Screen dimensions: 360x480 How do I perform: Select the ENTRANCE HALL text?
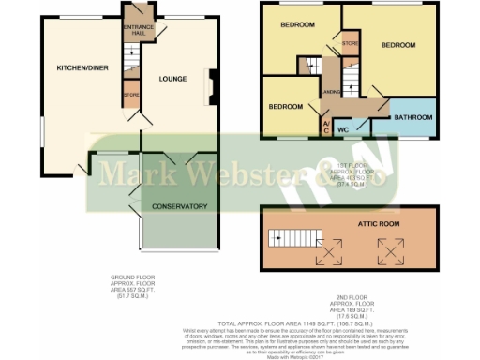(x=139, y=29)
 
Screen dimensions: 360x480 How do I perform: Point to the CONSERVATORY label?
(x=179, y=207)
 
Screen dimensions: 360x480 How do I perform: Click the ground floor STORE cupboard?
(x=130, y=96)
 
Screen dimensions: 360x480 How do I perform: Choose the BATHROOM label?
(x=413, y=117)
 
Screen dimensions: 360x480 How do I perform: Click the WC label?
(x=343, y=127)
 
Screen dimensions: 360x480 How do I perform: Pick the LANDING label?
(x=330, y=92)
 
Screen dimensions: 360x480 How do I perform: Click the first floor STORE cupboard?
(x=350, y=43)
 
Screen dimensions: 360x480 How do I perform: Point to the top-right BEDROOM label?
(x=397, y=44)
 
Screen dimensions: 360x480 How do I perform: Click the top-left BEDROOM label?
(x=297, y=25)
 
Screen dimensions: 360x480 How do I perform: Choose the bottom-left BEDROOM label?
(x=285, y=107)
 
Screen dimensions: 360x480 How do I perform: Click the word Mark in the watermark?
(x=127, y=172)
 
